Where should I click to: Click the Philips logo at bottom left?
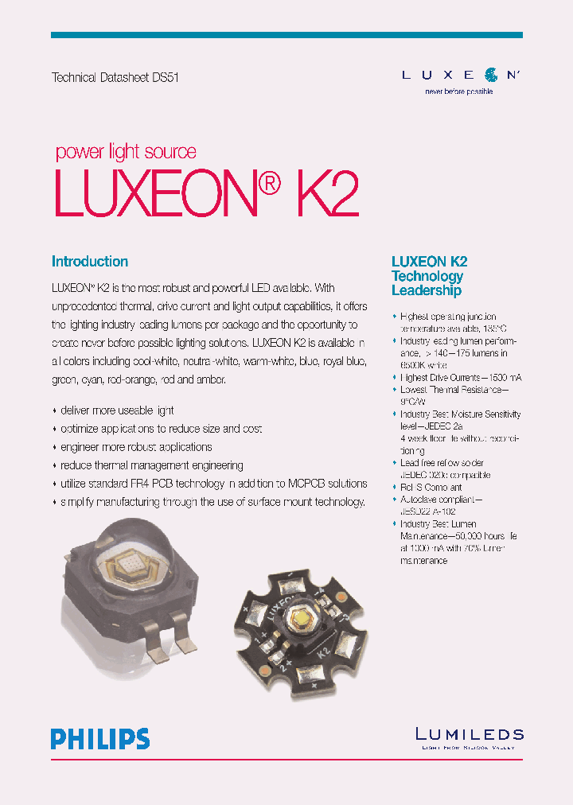click(100, 738)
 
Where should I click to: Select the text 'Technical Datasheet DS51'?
click(110, 78)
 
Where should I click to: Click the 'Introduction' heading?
click(90, 262)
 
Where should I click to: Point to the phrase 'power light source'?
click(126, 152)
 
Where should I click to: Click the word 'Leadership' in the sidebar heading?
click(427, 291)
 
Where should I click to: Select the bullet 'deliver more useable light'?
click(117, 410)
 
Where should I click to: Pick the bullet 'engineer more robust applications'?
click(136, 447)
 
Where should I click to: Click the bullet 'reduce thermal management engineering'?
click(151, 465)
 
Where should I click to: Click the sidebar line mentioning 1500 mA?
click(461, 377)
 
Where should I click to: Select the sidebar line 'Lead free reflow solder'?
click(442, 462)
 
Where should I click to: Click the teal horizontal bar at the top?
click(286, 35)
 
